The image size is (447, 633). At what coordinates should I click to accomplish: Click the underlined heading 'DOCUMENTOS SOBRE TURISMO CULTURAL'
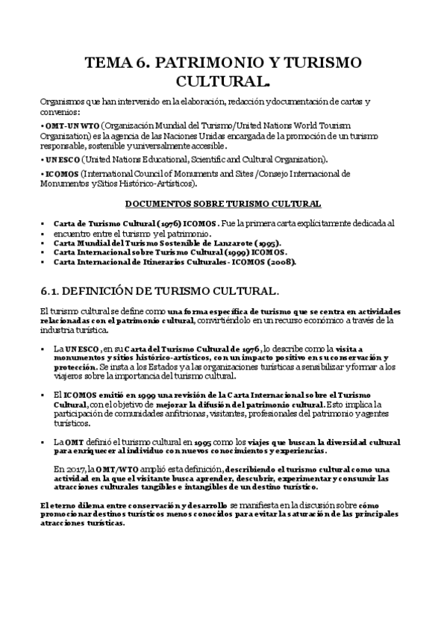point(223,203)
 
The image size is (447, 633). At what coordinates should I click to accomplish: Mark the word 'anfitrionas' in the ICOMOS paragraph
point(155,412)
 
